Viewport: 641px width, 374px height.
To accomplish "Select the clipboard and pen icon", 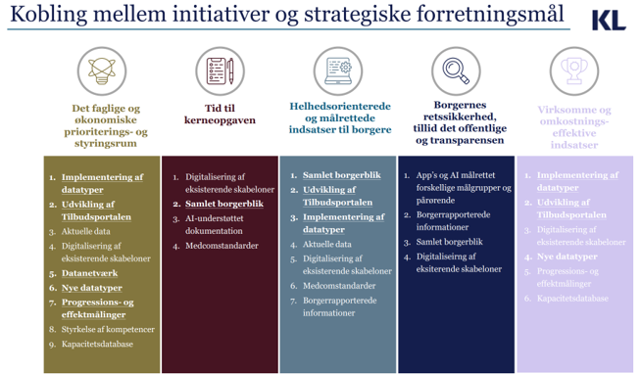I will point(218,70).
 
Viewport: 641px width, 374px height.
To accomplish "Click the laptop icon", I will point(337,70).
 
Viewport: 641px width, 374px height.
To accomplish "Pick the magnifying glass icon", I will point(456,70).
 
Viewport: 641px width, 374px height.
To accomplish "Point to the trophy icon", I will point(574,70).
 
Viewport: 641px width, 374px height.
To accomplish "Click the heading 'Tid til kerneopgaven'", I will point(218,114).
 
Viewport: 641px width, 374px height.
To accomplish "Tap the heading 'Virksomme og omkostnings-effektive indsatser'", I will point(574,127).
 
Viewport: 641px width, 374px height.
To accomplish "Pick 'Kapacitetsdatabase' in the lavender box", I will point(572,298).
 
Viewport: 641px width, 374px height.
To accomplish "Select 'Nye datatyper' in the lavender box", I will point(567,257).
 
